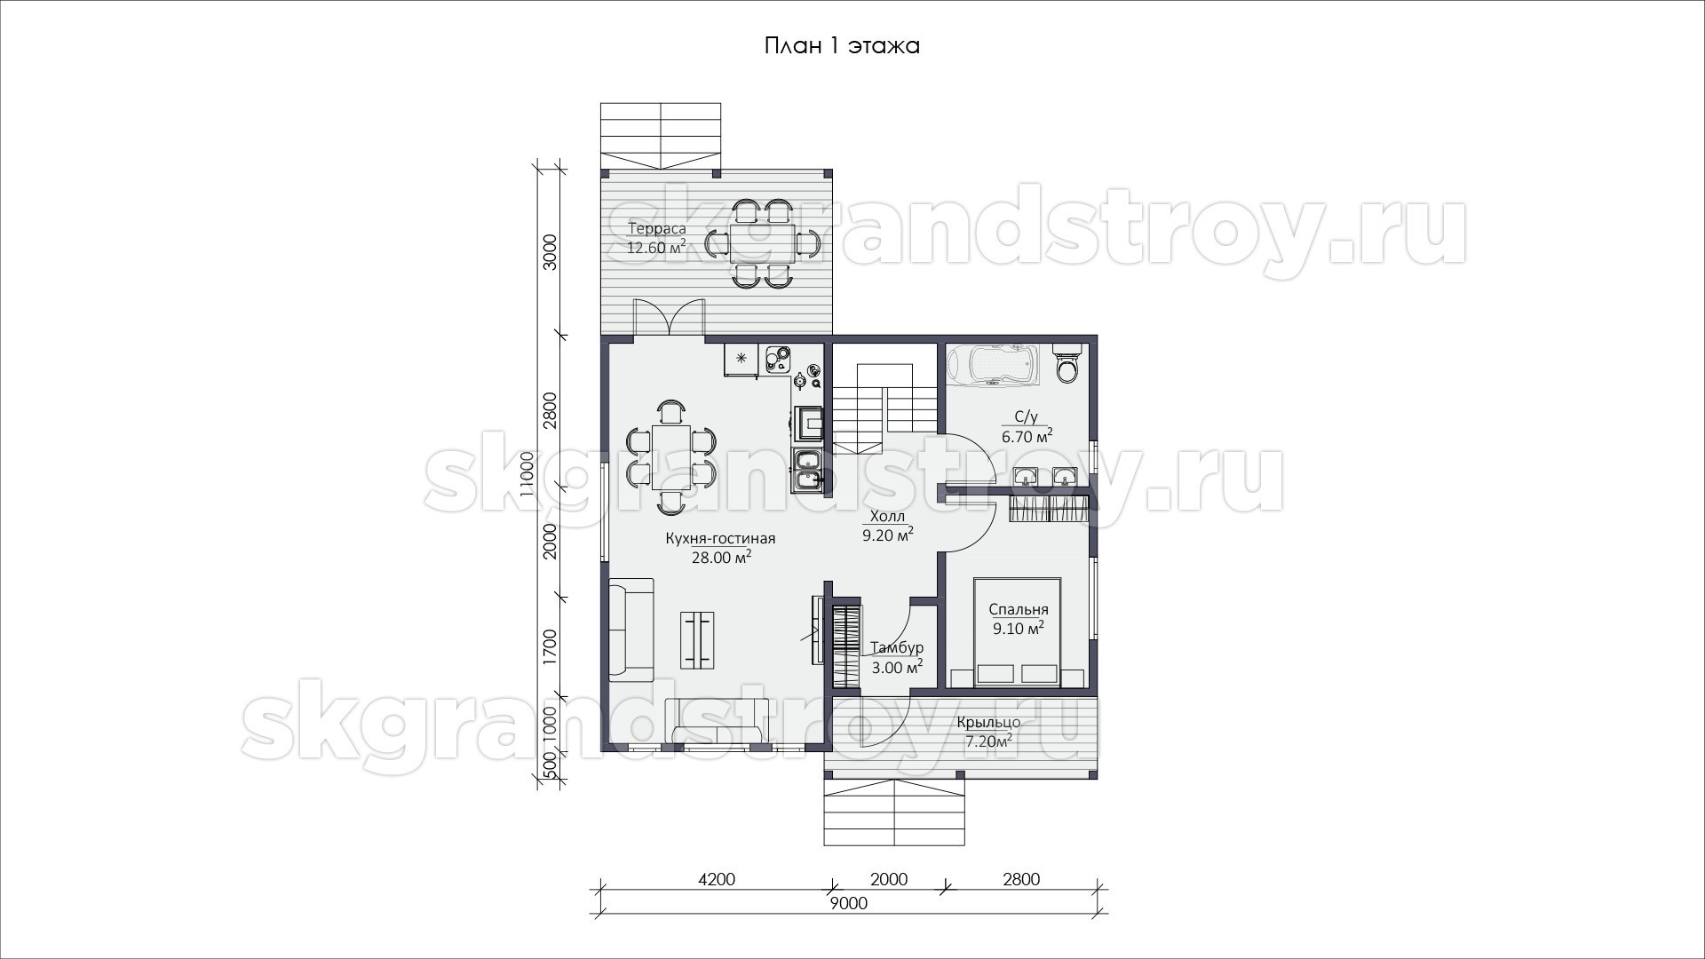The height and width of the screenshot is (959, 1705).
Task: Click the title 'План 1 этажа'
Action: click(x=842, y=46)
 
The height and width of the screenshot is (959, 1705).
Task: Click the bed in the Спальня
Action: click(x=1018, y=632)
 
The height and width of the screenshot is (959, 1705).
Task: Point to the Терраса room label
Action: click(x=657, y=229)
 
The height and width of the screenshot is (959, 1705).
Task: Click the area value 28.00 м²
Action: click(x=721, y=558)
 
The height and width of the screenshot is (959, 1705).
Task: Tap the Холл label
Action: click(x=887, y=516)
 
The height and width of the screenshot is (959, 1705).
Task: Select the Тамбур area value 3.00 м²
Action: click(x=896, y=667)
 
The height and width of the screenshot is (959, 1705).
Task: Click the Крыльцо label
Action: click(x=988, y=722)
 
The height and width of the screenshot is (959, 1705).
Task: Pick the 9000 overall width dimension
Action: click(x=848, y=904)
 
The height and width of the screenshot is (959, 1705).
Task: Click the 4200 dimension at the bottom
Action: click(x=717, y=879)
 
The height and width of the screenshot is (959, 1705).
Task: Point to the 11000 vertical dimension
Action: click(x=527, y=475)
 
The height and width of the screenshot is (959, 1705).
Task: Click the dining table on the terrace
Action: click(x=764, y=242)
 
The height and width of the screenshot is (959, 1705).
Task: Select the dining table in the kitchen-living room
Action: click(x=671, y=457)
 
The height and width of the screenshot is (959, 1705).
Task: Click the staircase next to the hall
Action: click(x=885, y=408)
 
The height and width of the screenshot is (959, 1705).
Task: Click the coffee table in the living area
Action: click(x=697, y=639)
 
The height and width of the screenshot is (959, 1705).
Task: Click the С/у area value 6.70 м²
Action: click(x=1027, y=436)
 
